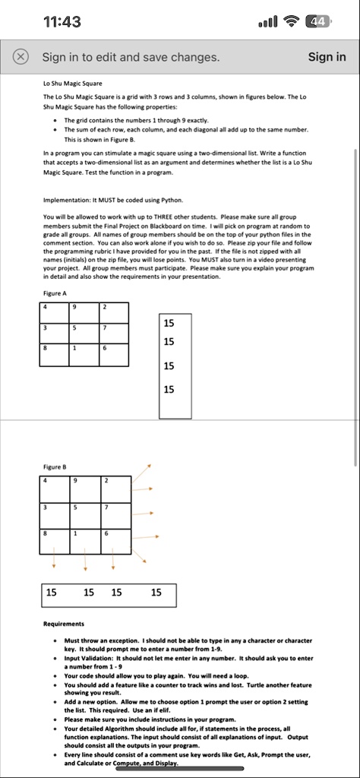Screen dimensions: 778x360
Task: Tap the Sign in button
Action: click(x=327, y=57)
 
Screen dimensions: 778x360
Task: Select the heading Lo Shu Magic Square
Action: click(x=73, y=83)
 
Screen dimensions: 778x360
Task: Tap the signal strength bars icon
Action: click(x=269, y=21)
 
